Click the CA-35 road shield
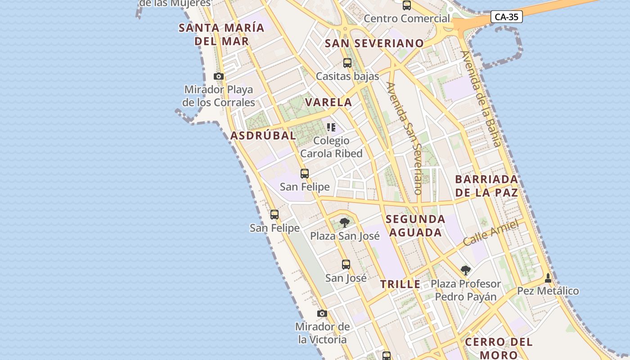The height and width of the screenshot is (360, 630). (506, 17)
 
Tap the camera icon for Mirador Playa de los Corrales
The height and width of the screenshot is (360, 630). (219, 76)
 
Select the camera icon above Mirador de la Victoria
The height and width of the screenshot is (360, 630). (322, 313)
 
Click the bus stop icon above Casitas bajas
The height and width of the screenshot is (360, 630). (347, 63)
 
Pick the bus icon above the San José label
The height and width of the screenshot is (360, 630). (346, 264)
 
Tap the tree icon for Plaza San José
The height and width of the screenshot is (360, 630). (344, 222)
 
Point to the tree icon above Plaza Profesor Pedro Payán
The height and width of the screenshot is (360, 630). (466, 270)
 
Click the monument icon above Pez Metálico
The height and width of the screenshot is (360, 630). (548, 278)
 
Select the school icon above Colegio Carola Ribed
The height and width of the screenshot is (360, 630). (331, 127)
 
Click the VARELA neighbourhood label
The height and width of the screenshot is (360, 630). (328, 102)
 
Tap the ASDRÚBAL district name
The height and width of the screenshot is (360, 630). (263, 135)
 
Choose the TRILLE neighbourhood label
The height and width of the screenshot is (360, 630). (400, 284)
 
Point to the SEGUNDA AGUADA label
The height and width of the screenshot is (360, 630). (415, 226)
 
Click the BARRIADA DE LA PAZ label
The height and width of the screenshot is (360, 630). (486, 186)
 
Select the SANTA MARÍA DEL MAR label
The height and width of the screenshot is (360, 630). (221, 34)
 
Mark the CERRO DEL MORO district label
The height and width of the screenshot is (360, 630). (499, 348)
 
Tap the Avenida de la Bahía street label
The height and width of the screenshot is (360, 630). (480, 99)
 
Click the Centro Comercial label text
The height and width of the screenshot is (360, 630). (407, 18)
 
